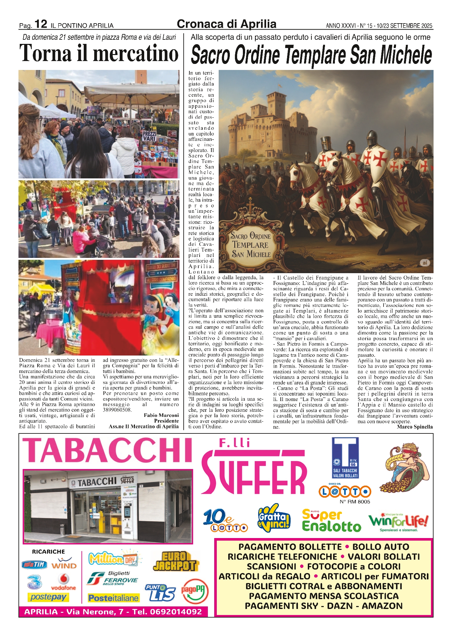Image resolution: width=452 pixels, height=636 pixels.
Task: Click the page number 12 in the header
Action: tap(41, 24)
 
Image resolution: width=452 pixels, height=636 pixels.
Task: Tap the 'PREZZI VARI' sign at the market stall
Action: tap(149, 136)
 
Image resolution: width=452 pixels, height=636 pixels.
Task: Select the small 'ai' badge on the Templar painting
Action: tap(425, 263)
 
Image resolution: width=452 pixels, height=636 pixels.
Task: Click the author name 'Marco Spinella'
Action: tap(415, 427)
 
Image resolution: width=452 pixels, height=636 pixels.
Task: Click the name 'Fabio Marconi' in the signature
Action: tap(161, 415)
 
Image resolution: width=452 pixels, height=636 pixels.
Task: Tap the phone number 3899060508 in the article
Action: tap(117, 410)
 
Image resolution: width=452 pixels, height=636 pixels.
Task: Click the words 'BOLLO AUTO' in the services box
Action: tap(381, 547)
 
